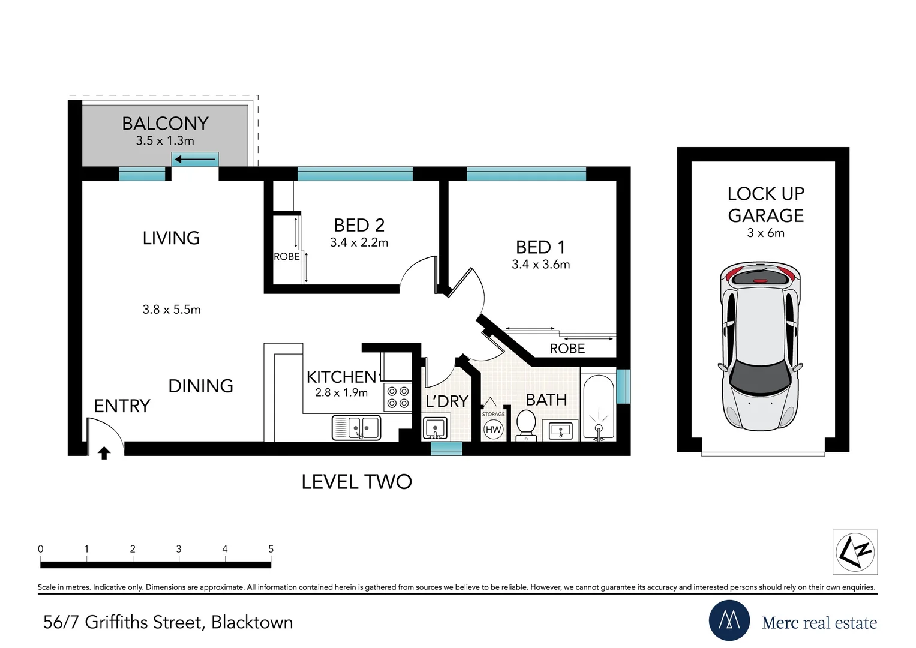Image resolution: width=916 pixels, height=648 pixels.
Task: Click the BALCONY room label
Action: [165, 123]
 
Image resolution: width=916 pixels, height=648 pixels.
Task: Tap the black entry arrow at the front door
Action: [104, 453]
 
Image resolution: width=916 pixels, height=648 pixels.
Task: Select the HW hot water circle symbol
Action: [493, 430]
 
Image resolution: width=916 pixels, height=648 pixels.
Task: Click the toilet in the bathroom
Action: [526, 425]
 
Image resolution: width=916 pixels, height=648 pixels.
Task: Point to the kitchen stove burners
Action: [398, 397]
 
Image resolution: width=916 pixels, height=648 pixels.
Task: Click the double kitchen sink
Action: [356, 428]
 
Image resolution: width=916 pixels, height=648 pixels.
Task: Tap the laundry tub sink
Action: [435, 428]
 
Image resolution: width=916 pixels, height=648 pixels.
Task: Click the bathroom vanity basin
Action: [561, 431]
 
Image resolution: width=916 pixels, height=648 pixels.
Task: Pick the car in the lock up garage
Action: [760, 346]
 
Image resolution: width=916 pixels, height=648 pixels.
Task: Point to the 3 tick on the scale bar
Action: [179, 558]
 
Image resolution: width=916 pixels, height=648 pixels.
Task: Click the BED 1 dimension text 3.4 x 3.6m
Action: [540, 264]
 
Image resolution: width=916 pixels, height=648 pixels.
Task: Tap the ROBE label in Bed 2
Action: [286, 257]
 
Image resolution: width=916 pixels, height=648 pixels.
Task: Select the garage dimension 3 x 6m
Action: [765, 233]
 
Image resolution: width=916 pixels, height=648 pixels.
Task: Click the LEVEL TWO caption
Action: [356, 482]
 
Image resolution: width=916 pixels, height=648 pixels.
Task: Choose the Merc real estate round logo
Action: [729, 620]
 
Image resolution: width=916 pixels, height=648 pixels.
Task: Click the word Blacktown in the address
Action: [252, 622]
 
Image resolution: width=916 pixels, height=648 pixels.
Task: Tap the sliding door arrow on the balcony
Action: [195, 159]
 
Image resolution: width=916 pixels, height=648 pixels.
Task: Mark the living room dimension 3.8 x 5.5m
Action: [172, 309]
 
